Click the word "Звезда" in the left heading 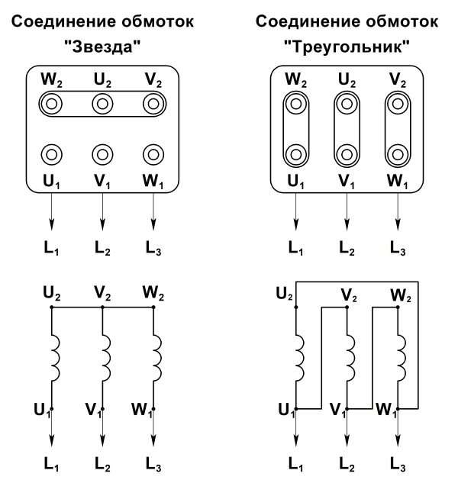click(x=102, y=47)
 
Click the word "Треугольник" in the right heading click(x=347, y=47)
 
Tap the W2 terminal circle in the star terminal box click(x=51, y=104)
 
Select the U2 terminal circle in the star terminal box click(x=102, y=104)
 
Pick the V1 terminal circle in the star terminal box click(x=102, y=154)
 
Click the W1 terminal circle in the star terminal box click(x=153, y=154)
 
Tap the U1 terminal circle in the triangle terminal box click(x=296, y=154)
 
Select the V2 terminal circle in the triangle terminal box click(x=398, y=104)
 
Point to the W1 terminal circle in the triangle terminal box click(x=398, y=154)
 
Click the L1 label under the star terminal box click(x=51, y=248)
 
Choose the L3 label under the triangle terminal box click(x=398, y=248)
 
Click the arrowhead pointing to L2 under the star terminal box click(x=102, y=224)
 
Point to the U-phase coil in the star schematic click(x=55, y=358)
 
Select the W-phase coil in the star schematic click(x=157, y=358)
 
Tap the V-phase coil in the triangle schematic click(x=350, y=358)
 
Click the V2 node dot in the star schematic click(x=102, y=307)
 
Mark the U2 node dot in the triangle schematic click(x=296, y=307)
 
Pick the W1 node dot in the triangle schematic click(x=398, y=409)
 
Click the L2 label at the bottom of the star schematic click(x=102, y=464)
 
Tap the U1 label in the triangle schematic click(x=286, y=411)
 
